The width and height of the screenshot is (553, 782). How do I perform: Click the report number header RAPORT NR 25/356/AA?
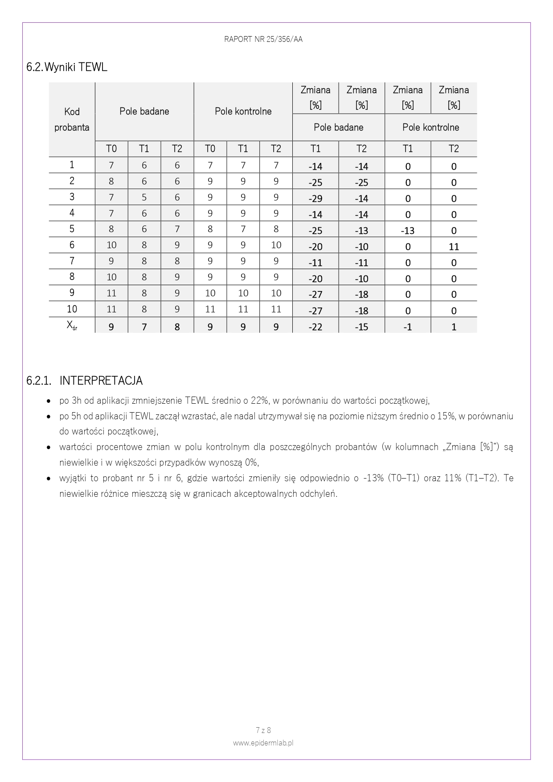263,39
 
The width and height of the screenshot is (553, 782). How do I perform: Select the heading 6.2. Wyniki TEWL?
67,67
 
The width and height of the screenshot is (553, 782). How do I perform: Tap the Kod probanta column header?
72,119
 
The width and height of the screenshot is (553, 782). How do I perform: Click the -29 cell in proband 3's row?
315,198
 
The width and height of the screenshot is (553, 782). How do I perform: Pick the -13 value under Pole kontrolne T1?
407,230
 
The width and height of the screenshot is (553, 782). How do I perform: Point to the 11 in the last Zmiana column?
454,246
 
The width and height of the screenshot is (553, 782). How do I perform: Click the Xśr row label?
72,326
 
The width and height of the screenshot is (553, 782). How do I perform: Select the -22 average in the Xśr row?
315,327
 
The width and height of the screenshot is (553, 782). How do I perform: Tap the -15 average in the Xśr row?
361,327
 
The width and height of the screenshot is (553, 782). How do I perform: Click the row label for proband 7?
72,261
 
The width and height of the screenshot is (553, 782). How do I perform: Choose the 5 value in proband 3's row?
144,197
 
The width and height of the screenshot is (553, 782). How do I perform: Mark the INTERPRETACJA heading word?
101,381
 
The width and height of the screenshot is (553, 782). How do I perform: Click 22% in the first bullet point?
260,400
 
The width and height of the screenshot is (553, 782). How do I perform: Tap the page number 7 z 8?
263,730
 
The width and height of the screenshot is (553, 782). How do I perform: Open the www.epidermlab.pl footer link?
263,743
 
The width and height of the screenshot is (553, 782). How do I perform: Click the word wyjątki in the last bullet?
72,478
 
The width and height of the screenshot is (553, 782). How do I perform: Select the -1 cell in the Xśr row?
407,327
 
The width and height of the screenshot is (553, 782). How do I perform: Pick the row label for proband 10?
72,309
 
